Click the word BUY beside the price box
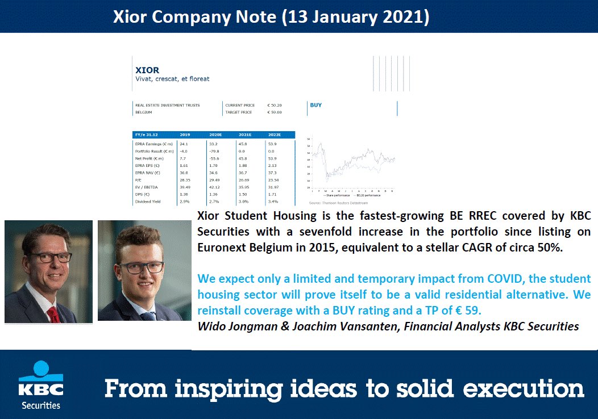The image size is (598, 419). [x=315, y=105]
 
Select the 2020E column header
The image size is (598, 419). [x=215, y=135]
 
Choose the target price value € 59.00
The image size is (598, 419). [x=275, y=112]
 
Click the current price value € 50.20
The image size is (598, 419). [x=275, y=105]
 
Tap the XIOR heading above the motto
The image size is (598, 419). [x=147, y=70]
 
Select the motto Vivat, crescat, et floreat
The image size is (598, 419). [x=172, y=79]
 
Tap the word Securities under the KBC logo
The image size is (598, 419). [x=41, y=405]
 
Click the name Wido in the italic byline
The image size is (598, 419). [x=212, y=326]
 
